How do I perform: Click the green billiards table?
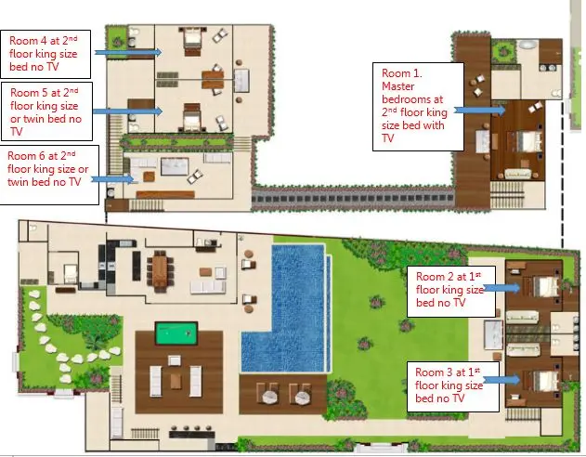[x=176, y=333]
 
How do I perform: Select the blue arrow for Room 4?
[x=128, y=52]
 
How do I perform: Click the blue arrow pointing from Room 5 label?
[x=127, y=111]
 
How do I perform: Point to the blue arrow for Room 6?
[x=112, y=179]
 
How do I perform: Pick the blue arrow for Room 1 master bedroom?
[x=479, y=110]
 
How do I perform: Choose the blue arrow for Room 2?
[x=501, y=288]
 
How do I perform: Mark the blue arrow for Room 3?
[x=501, y=380]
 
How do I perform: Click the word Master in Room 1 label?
[x=398, y=86]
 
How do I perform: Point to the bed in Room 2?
[x=546, y=287]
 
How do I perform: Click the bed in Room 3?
[x=546, y=381]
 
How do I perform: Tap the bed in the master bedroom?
[x=528, y=141]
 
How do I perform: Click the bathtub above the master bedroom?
[x=527, y=46]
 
